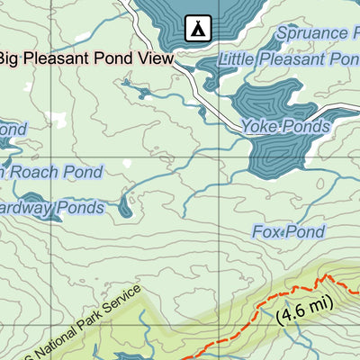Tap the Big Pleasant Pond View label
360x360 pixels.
pyautogui.click(x=85, y=59)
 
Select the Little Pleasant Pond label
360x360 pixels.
pyautogui.click(x=288, y=59)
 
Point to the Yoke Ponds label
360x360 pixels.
pyautogui.click(x=285, y=127)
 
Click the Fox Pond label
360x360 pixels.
pyautogui.click(x=288, y=232)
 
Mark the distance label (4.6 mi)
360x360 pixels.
pyautogui.click(x=304, y=309)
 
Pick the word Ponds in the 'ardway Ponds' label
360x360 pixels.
pyautogui.click(x=80, y=209)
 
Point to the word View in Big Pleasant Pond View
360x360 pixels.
pyautogui.click(x=152, y=59)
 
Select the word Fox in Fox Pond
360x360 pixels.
pyautogui.click(x=266, y=232)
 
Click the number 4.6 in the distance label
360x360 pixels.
pyautogui.click(x=296, y=310)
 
